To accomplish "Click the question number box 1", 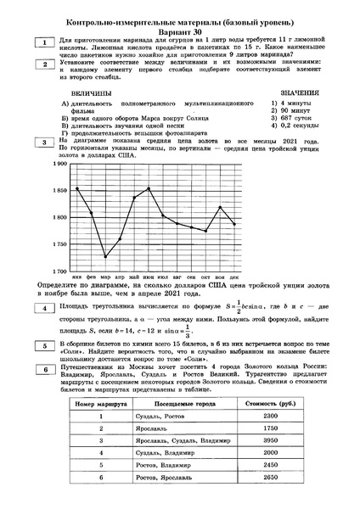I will (40, 42).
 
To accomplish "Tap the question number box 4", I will (40, 306).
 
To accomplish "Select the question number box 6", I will (40, 370).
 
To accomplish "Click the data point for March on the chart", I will (105, 256).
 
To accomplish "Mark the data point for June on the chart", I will (149, 188).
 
